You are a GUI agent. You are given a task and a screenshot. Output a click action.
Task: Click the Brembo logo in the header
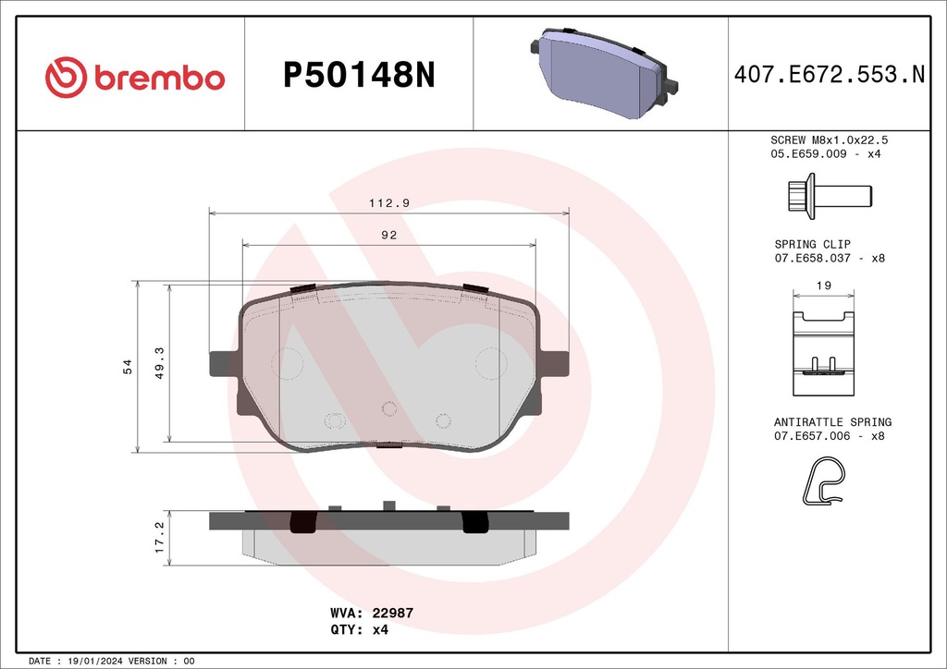[135, 77]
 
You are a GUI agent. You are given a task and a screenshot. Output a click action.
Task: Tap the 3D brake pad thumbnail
[602, 73]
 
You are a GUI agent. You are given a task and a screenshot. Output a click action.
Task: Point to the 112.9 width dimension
[388, 202]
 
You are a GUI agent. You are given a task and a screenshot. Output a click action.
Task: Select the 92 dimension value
[388, 235]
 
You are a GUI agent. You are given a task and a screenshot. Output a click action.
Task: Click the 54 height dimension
[129, 367]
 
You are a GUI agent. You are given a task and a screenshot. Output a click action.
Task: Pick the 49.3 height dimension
[159, 362]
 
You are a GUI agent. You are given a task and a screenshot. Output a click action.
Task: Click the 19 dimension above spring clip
[823, 286]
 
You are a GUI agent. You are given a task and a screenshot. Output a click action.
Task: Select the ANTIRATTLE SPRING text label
[832, 421]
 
